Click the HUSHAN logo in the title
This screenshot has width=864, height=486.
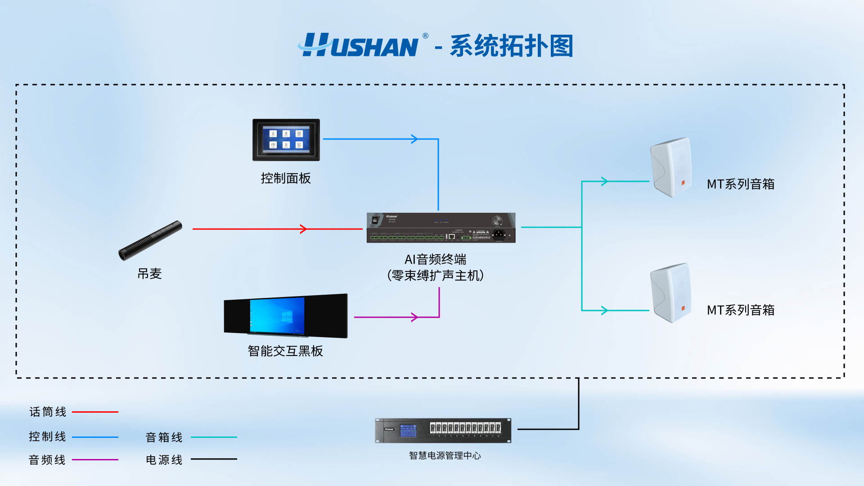click(360, 45)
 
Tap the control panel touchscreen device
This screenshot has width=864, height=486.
click(286, 139)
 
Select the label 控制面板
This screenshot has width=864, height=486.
click(286, 178)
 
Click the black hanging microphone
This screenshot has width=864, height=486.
click(150, 240)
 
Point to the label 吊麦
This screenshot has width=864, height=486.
click(149, 274)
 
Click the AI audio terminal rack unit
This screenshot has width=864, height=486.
click(441, 228)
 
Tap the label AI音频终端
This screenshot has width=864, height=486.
click(435, 259)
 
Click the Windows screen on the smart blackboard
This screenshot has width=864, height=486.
click(277, 315)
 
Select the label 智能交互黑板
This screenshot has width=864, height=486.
click(285, 351)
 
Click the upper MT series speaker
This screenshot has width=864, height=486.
click(670, 167)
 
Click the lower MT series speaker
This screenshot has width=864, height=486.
click(670, 293)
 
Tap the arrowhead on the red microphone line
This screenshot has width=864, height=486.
click(303, 229)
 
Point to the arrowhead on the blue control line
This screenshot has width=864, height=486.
click(414, 139)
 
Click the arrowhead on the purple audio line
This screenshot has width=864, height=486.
click(414, 317)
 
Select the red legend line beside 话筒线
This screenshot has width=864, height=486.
click(95, 412)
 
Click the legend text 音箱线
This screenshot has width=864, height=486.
click(164, 437)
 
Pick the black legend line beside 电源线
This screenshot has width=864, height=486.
click(214, 459)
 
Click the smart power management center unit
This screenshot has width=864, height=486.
click(443, 430)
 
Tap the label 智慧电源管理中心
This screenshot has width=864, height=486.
click(445, 455)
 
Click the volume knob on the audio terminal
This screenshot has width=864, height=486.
click(497, 220)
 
